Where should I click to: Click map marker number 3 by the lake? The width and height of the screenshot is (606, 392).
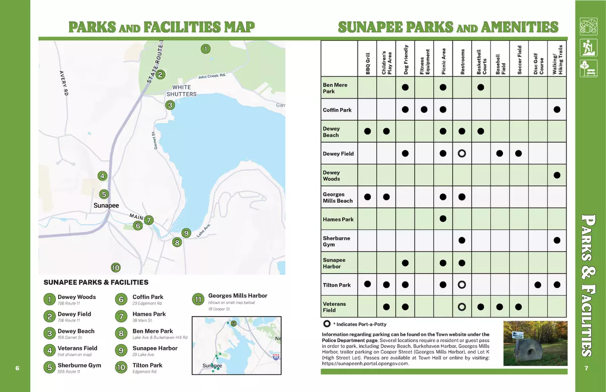click(170, 105)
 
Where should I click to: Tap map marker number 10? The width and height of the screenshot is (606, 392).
click(116, 268)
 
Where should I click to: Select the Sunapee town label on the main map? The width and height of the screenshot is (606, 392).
click(106, 205)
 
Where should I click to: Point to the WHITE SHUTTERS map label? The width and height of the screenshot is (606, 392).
click(181, 90)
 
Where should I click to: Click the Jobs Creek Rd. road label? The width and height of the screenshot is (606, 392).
click(212, 76)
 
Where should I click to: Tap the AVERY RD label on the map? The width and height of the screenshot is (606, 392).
click(64, 83)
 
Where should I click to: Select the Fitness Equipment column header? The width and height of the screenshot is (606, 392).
click(425, 62)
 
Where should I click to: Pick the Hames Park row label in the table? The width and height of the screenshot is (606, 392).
click(338, 219)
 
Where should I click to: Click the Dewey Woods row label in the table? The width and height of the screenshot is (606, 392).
click(331, 175)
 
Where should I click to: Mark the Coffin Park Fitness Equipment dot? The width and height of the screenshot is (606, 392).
click(424, 110)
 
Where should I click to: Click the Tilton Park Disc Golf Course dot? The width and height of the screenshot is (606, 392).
click(537, 284)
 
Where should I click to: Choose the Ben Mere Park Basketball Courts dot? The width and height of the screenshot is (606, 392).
click(481, 87)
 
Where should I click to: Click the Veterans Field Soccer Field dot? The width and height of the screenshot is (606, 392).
click(518, 307)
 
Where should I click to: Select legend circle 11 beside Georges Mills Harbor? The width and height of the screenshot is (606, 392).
click(198, 300)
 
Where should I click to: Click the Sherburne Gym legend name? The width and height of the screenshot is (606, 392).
click(79, 365)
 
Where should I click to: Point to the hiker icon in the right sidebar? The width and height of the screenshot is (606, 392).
click(588, 47)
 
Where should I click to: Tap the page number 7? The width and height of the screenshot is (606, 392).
click(586, 368)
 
